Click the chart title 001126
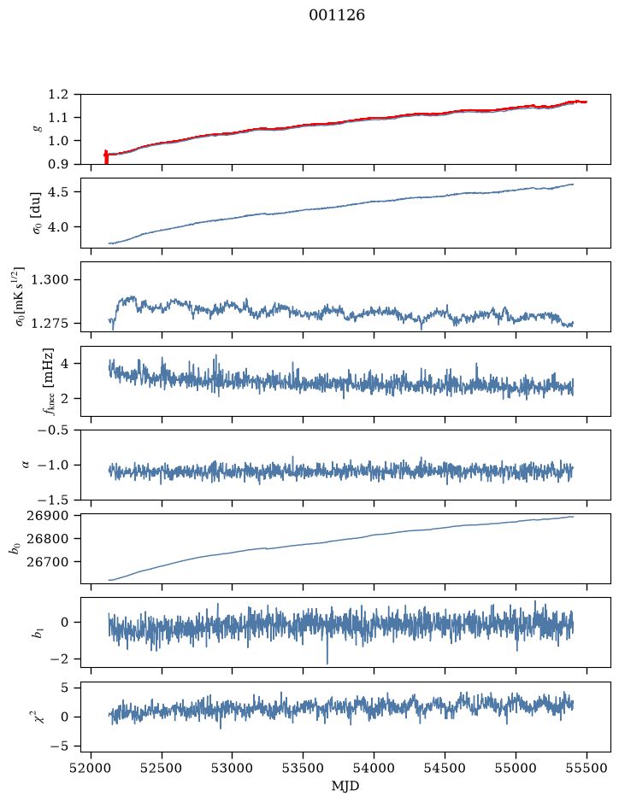[336, 15]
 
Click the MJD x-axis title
[345, 786]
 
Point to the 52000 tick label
[91, 768]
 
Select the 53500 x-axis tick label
[304, 768]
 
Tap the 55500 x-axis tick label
[587, 768]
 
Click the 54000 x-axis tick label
[374, 768]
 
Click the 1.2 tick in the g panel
[58, 95]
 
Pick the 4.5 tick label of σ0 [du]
[58, 192]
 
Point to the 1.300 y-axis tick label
[50, 280]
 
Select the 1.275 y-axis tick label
[50, 323]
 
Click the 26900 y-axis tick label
[47, 516]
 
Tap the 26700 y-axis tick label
[47, 562]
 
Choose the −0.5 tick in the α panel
[53, 430]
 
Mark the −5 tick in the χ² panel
[59, 746]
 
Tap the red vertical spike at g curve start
[106, 157]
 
